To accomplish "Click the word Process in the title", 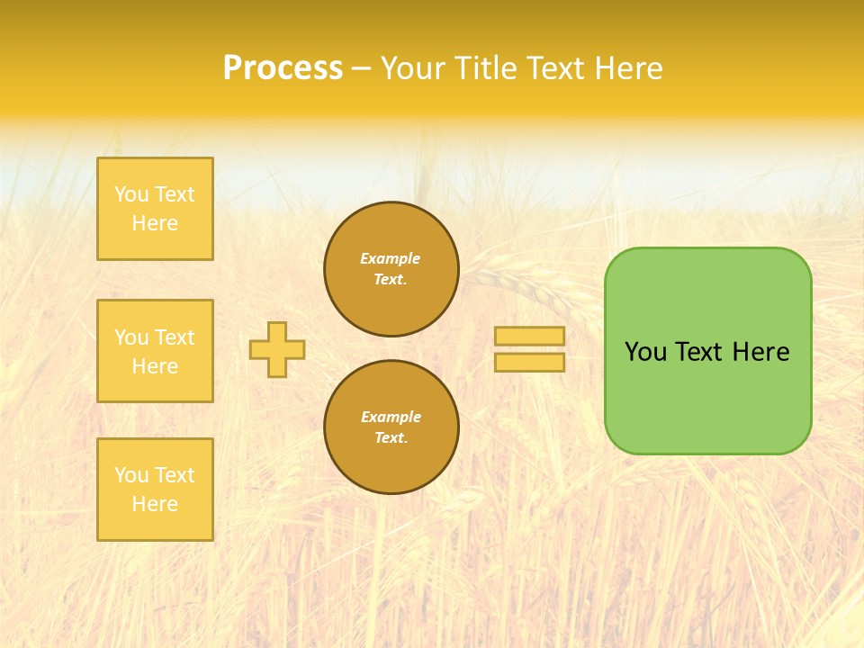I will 283,68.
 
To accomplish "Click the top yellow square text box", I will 155,209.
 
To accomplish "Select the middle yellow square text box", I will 155,351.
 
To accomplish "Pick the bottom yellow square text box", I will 155,490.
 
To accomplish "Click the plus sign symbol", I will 277,349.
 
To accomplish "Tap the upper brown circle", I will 391,269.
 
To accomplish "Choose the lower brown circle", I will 391,427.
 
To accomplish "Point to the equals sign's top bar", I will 529,336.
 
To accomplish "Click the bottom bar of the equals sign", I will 529,362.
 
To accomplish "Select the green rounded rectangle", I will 707,351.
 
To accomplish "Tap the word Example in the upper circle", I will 390,258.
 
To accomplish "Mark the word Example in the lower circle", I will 391,417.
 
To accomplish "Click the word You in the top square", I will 131,194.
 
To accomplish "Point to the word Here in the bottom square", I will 155,504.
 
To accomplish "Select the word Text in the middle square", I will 175,337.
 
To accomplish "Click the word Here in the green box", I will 760,352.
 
